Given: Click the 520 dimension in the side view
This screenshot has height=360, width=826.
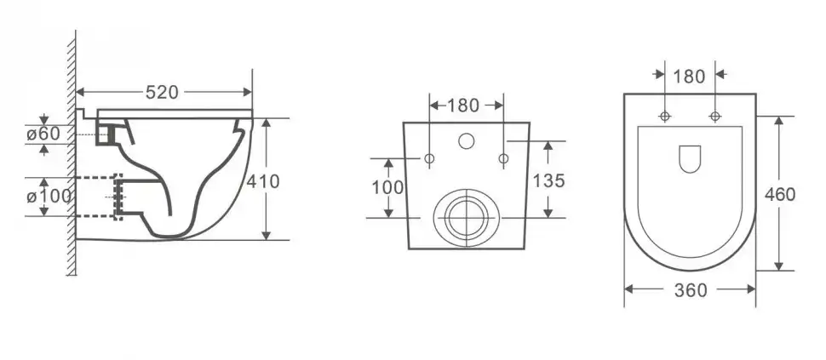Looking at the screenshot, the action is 162,93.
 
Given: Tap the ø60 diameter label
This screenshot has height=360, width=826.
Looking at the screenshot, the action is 43,134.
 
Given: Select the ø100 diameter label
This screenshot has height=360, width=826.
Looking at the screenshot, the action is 49,197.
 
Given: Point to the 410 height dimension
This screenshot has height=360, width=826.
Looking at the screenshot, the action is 263,181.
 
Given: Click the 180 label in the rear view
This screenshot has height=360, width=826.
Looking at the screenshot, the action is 463,106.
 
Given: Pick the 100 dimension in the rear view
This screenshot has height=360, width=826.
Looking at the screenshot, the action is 387,187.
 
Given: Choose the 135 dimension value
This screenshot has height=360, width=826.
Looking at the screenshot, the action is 548,181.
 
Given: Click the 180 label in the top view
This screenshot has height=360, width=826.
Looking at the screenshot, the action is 689,77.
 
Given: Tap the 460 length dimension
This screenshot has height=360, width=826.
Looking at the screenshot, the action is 780,194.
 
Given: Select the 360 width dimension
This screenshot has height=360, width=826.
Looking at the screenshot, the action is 691,290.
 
